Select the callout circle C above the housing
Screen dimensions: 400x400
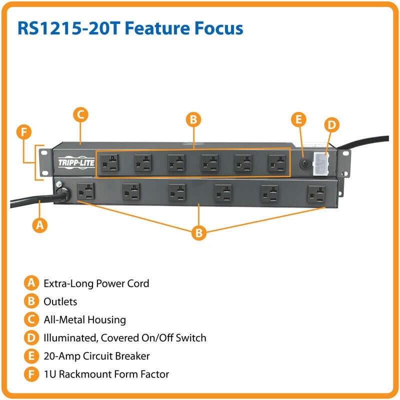tap(80, 114)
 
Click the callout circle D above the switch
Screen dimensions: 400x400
tap(332, 125)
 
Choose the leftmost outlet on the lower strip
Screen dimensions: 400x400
tap(85, 191)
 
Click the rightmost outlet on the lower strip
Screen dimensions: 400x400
tap(316, 193)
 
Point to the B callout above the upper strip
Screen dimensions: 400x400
tap(193, 119)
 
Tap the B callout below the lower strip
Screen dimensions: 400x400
tap(199, 232)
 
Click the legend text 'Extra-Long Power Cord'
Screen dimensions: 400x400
tap(96, 283)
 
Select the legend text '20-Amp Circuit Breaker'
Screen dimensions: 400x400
tap(96, 356)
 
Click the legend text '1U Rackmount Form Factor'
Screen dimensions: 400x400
tap(106, 374)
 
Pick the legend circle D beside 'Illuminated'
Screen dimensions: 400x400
tap(31, 338)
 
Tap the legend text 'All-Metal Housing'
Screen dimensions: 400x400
tap(84, 319)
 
